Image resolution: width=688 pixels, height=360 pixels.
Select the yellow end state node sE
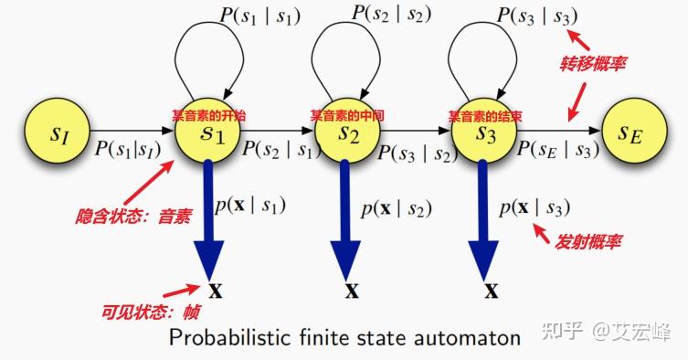click(629, 134)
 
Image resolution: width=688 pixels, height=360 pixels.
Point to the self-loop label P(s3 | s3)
click(537, 16)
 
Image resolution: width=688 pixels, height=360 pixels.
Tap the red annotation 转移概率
click(593, 65)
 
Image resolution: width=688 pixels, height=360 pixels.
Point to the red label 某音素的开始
click(209, 116)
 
